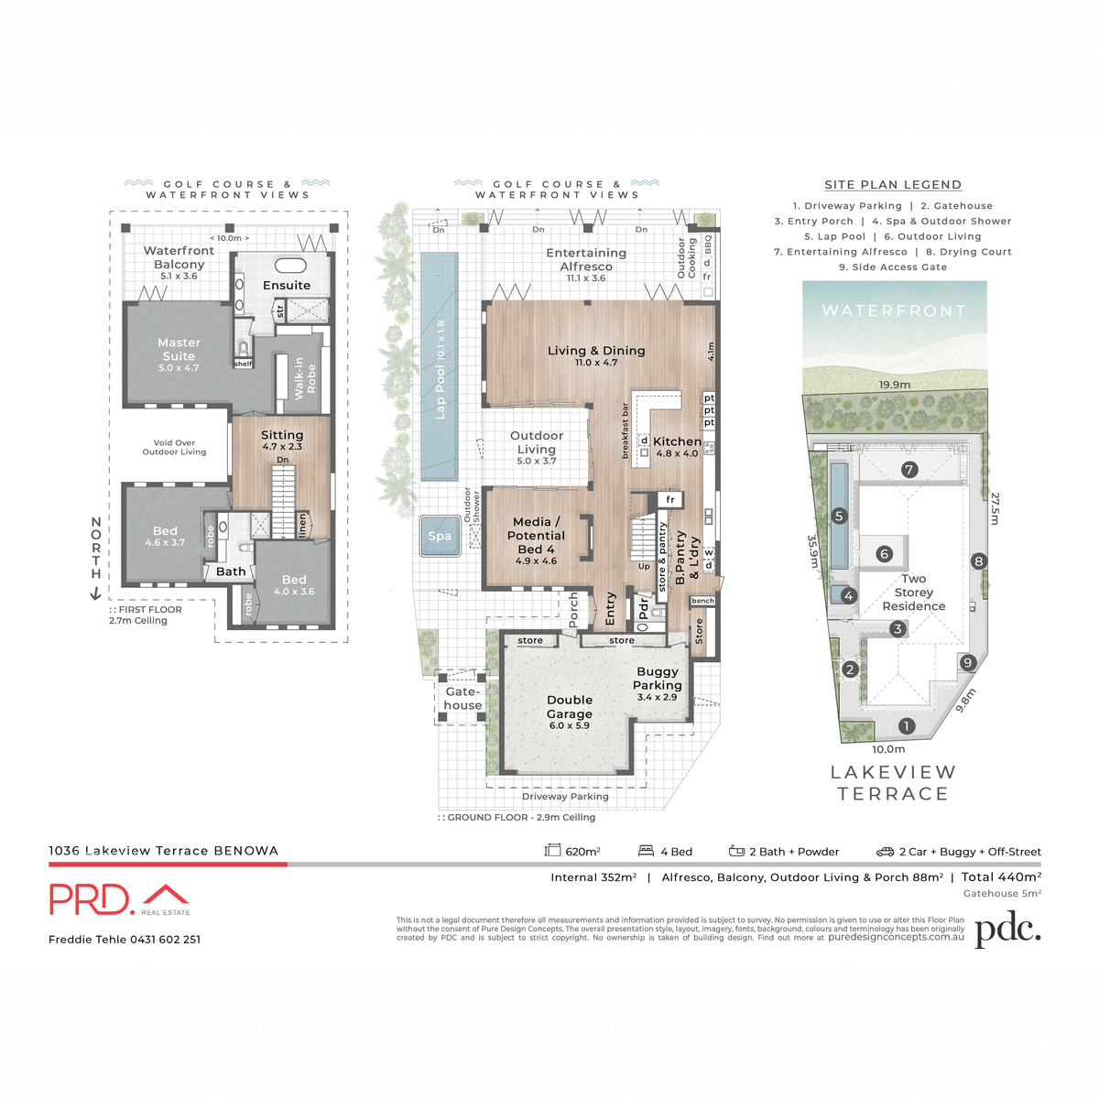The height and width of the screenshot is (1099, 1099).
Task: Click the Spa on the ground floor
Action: pyautogui.click(x=440, y=537)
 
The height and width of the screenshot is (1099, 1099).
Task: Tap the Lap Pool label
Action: pyautogui.click(x=441, y=370)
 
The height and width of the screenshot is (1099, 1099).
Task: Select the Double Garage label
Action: pyautogui.click(x=570, y=707)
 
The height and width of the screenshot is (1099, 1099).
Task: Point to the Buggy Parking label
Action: pyautogui.click(x=658, y=679)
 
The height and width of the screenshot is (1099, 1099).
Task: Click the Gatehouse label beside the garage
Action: pyautogui.click(x=462, y=698)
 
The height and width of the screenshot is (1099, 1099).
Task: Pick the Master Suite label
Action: pyautogui.click(x=179, y=349)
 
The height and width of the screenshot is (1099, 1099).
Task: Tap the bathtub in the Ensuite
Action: pyautogui.click(x=291, y=267)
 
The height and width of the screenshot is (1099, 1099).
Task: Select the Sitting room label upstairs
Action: pyautogui.click(x=282, y=436)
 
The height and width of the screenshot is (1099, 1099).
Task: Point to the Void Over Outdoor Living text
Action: pyautogui.click(x=174, y=447)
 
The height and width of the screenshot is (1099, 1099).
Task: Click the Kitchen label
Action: pyautogui.click(x=677, y=441)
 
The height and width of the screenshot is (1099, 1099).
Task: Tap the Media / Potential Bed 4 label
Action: pyautogui.click(x=536, y=536)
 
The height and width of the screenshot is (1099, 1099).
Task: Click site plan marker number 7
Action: pyautogui.click(x=909, y=470)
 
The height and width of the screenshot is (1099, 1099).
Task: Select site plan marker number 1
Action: pyautogui.click(x=907, y=726)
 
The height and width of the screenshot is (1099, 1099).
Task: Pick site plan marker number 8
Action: pyautogui.click(x=979, y=561)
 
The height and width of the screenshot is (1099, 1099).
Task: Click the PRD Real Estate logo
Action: pyautogui.click(x=119, y=899)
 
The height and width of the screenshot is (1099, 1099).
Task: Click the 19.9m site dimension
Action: pyautogui.click(x=895, y=385)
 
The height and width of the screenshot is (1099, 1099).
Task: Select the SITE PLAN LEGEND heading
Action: pyautogui.click(x=893, y=185)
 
